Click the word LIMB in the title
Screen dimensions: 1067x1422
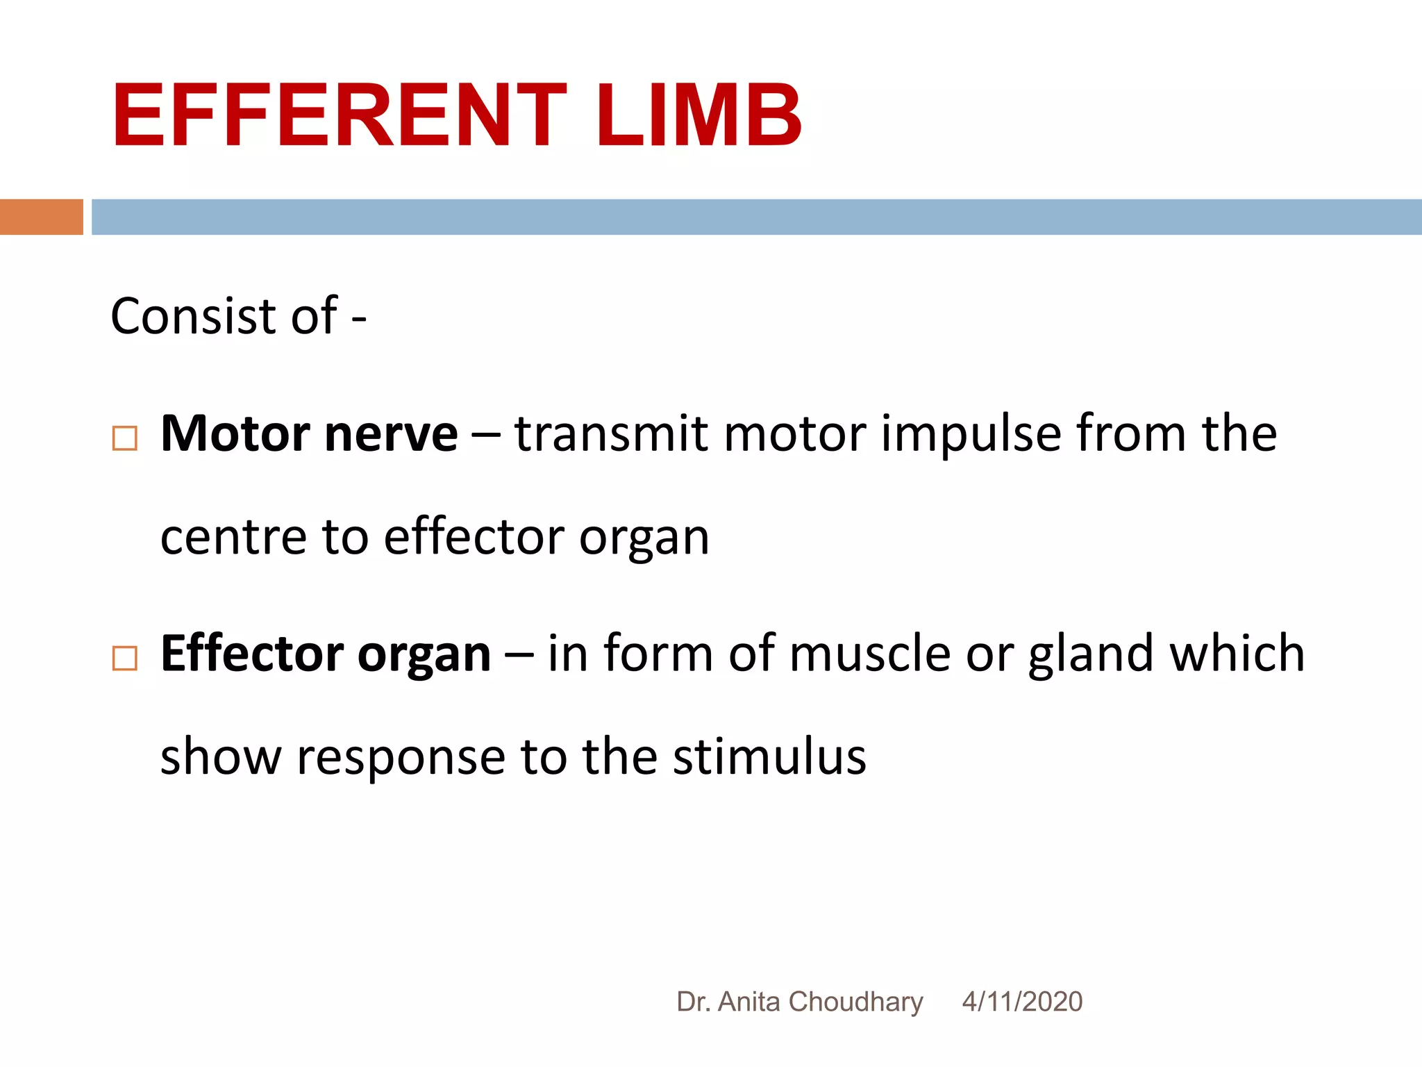tap(699, 115)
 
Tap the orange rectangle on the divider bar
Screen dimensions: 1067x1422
tap(41, 217)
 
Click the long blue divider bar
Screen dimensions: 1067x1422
tap(756, 217)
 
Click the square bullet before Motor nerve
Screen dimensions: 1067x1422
tap(125, 438)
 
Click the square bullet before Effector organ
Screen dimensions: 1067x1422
tap(125, 658)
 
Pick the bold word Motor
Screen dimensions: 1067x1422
tap(235, 434)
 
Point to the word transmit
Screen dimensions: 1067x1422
tap(611, 434)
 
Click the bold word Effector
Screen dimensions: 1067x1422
tap(251, 654)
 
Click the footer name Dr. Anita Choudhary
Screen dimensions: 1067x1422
tap(799, 1002)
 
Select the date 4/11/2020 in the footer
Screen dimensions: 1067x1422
tap(1022, 1002)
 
